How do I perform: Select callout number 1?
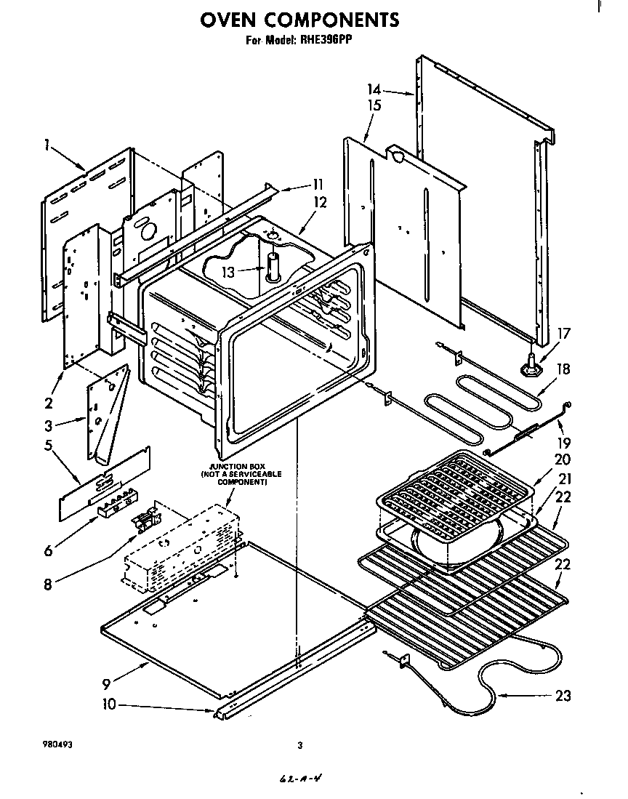[x=46, y=145]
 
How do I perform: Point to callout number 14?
[x=374, y=89]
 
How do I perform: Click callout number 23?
[x=563, y=696]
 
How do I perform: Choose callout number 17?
[x=564, y=334]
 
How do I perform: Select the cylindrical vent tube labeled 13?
[x=273, y=267]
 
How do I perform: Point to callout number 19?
[x=564, y=442]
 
